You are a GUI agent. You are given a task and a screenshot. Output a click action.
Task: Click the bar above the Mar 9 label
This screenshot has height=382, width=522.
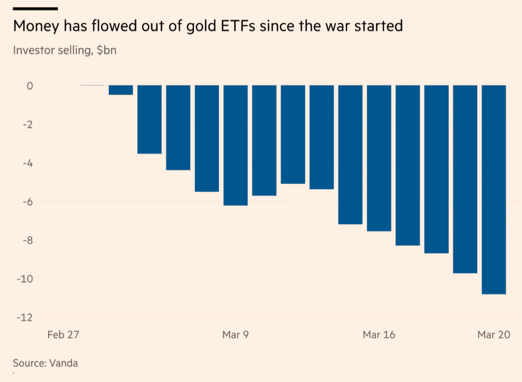coord(236,145)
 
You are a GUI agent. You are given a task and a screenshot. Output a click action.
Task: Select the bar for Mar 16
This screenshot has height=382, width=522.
coord(379,158)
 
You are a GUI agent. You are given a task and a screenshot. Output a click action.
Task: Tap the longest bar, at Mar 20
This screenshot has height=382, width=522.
coord(494,189)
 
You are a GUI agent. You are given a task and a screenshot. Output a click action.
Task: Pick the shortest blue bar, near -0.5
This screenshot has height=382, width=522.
coord(120,90)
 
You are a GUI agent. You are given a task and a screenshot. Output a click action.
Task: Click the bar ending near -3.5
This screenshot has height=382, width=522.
coord(149,119)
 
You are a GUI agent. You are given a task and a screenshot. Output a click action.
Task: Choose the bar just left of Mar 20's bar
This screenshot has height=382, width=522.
coord(465,179)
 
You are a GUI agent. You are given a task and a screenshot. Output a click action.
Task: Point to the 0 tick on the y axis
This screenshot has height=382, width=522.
coord(29,86)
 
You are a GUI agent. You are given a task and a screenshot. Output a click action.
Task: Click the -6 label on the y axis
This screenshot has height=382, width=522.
coord(27,201)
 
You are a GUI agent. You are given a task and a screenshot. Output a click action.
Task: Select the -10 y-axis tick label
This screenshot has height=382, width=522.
coord(25,279)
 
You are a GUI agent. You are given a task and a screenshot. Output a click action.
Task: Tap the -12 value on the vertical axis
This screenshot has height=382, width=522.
coord(25,317)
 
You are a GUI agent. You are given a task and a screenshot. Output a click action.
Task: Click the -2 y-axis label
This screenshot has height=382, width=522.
coord(27,125)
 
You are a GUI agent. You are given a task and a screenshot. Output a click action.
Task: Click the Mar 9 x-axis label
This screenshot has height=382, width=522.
coord(236,334)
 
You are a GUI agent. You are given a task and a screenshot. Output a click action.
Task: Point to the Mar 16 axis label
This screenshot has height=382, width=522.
coord(379,334)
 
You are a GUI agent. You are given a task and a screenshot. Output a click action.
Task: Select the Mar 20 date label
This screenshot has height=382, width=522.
coord(494,334)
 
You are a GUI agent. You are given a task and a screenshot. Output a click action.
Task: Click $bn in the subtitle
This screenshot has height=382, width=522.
coord(106,50)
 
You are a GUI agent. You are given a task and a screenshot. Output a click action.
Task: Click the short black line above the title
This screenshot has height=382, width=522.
coord(35,8)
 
